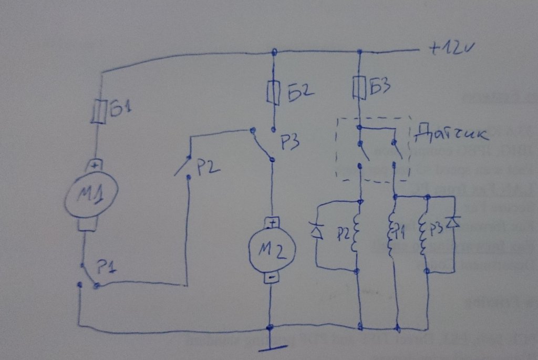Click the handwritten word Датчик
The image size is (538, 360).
(450, 133)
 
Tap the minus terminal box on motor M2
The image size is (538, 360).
(272, 277)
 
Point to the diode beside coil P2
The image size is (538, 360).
(316, 231)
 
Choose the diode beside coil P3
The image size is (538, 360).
(454, 222)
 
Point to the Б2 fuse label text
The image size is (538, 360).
(300, 92)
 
